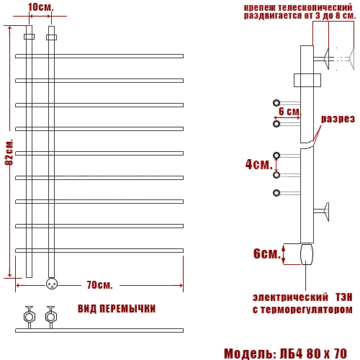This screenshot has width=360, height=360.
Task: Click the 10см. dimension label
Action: (40, 7)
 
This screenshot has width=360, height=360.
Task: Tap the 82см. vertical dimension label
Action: (9, 152)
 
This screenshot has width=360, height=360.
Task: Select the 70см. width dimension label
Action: (99, 285)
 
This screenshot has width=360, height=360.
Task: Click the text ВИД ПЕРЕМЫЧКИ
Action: (117, 309)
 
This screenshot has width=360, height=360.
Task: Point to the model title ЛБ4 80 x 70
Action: (313, 354)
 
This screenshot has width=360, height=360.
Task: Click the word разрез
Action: (338, 119)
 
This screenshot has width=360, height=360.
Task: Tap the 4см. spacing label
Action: (259, 164)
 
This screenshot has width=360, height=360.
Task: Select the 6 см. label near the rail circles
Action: (289, 112)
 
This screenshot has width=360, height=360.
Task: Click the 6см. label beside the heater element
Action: (267, 253)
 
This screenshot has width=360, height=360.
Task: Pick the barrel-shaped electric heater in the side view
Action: (307, 254)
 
